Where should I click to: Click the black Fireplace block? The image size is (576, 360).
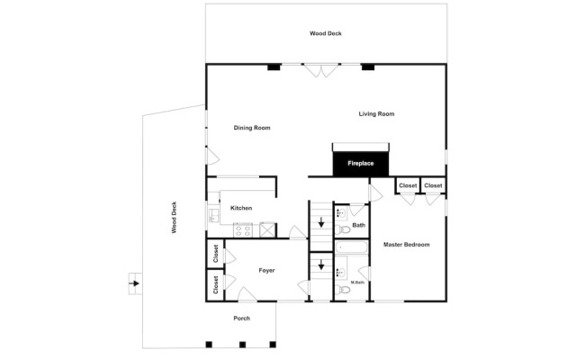(x=360, y=164)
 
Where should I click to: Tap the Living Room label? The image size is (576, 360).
(x=376, y=114)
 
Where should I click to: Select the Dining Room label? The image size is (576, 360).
(x=252, y=128)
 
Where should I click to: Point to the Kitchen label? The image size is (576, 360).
(x=241, y=208)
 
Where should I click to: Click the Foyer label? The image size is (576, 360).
(x=266, y=270)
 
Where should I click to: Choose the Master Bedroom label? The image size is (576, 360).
(x=406, y=245)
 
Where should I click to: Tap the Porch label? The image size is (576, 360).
(x=242, y=318)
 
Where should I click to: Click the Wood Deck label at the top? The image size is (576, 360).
(x=326, y=33)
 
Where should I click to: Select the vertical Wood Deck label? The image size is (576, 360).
(x=174, y=217)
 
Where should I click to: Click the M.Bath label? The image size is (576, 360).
(x=357, y=283)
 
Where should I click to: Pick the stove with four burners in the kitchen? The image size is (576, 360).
(x=243, y=230)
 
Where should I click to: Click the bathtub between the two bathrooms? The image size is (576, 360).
(x=351, y=247)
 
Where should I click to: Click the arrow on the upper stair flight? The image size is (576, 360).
(x=321, y=222)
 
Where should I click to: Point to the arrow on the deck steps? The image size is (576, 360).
(x=136, y=283)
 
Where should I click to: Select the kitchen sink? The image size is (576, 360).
(x=213, y=215)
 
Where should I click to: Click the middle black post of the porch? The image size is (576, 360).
(x=242, y=345)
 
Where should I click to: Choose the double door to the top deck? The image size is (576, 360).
(x=321, y=70)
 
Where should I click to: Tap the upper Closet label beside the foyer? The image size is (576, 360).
(x=216, y=254)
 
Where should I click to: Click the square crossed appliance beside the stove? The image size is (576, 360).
(x=267, y=230)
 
